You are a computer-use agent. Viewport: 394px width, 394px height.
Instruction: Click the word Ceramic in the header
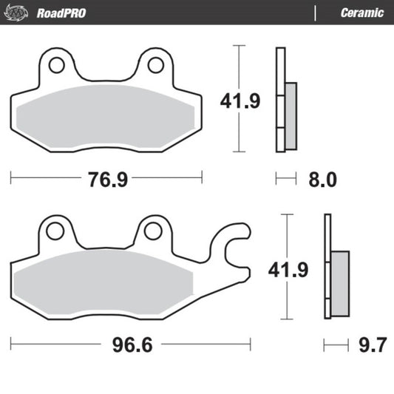tap(361, 13)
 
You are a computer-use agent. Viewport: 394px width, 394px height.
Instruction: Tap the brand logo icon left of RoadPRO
tap(24, 13)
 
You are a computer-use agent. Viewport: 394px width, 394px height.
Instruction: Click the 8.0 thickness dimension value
tap(322, 179)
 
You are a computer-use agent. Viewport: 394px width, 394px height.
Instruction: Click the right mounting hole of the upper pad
tap(154, 65)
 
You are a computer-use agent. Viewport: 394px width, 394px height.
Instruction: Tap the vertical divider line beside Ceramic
tap(316, 13)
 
